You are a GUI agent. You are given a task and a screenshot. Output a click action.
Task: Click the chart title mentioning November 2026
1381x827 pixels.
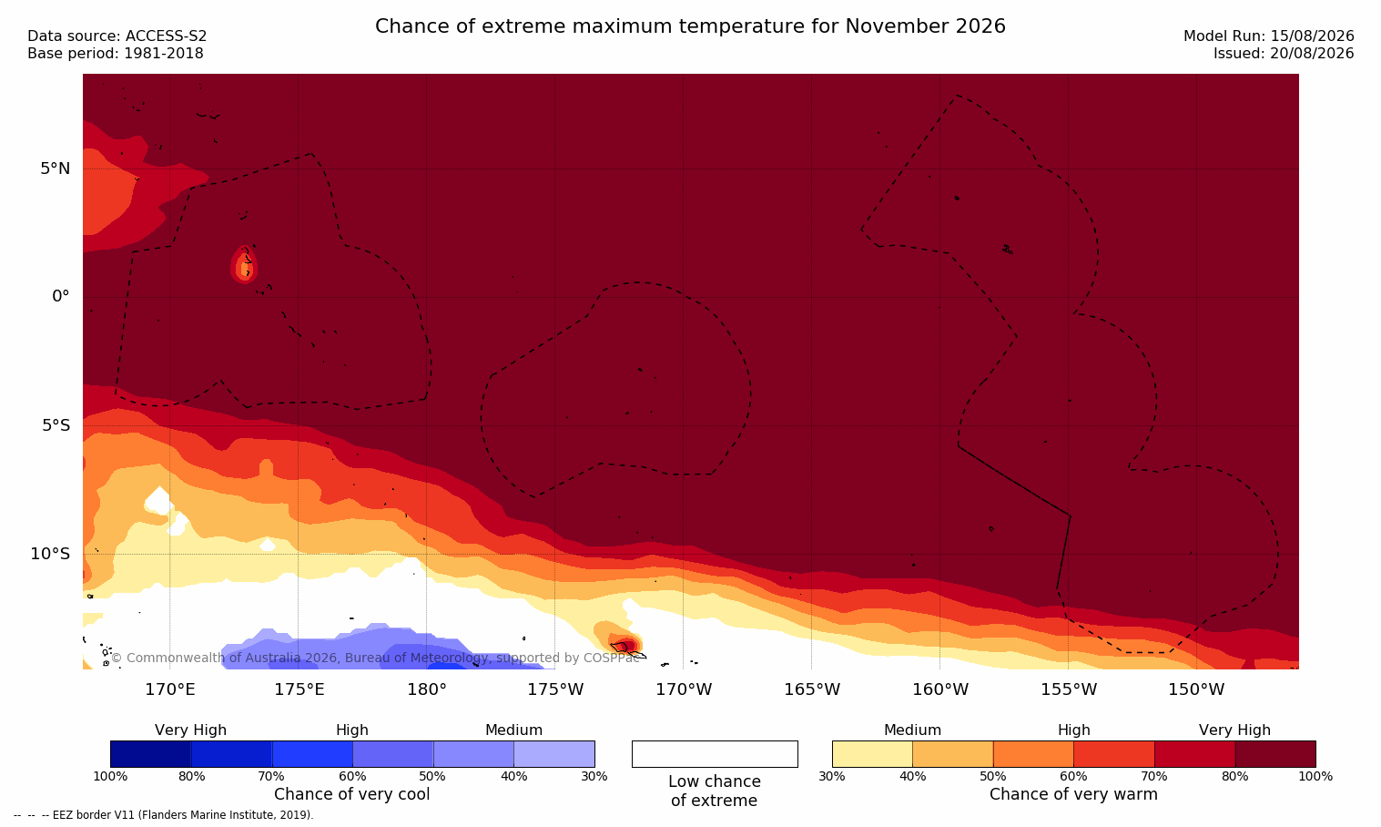pyautogui.click(x=690, y=26)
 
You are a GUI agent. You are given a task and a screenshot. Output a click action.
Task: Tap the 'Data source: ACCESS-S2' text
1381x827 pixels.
pyautogui.click(x=117, y=36)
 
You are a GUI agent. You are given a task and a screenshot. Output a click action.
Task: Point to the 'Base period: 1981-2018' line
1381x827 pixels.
pyautogui.click(x=116, y=54)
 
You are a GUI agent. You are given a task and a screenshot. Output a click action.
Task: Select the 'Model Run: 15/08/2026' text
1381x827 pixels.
pyautogui.click(x=1268, y=36)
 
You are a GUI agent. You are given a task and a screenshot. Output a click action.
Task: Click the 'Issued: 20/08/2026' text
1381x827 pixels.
pyautogui.click(x=1284, y=54)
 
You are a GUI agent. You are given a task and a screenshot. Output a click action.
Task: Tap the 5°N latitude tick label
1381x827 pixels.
pyautogui.click(x=56, y=168)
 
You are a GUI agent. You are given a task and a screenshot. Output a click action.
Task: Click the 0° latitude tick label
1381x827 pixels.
pyautogui.click(x=60, y=297)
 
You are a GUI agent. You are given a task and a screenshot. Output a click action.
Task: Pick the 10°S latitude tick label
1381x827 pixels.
pyautogui.click(x=51, y=554)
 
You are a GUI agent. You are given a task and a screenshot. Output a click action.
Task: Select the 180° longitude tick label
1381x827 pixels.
pyautogui.click(x=427, y=689)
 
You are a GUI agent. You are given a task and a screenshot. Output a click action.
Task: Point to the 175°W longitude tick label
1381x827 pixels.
pyautogui.click(x=555, y=689)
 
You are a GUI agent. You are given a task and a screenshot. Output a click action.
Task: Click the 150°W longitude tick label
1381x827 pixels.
pyautogui.click(x=1196, y=689)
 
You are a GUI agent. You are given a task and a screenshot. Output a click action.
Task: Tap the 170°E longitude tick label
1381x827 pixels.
pyautogui.click(x=170, y=689)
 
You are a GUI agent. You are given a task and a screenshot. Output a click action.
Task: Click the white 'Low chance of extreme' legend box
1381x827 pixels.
pyautogui.click(x=715, y=754)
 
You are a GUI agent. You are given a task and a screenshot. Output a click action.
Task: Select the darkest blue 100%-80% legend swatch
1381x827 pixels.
pyautogui.click(x=151, y=754)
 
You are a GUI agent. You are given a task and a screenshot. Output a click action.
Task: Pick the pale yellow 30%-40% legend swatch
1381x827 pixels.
pyautogui.click(x=872, y=754)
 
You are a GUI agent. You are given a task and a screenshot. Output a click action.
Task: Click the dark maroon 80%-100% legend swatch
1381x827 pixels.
pyautogui.click(x=1275, y=754)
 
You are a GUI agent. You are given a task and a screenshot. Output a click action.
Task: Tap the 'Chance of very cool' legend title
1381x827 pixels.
pyautogui.click(x=352, y=794)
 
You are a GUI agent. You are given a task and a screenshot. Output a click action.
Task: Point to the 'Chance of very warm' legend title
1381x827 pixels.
pyautogui.click(x=1073, y=794)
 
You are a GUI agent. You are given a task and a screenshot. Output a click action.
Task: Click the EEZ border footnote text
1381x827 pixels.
pyautogui.click(x=163, y=815)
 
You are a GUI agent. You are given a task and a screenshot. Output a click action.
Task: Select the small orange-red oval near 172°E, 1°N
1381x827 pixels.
pyautogui.click(x=244, y=264)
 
